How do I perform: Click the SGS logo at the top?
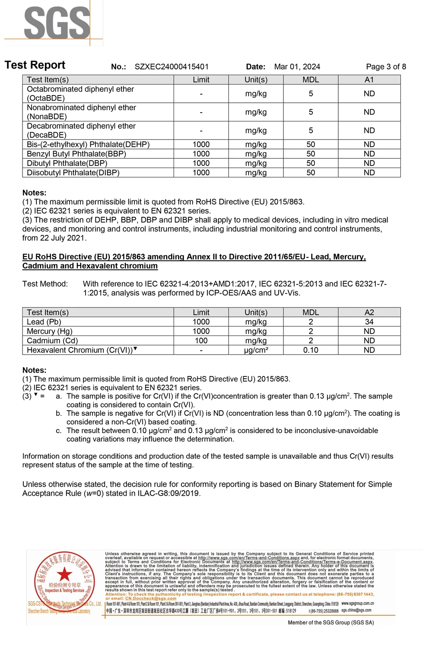[x=57, y=23]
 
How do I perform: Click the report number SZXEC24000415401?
[x=172, y=66]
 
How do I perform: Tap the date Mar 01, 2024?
[x=297, y=66]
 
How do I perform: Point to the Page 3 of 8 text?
[x=386, y=66]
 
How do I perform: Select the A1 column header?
[x=369, y=80]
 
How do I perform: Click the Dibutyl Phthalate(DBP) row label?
[x=67, y=163]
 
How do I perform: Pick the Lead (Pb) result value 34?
[x=369, y=322]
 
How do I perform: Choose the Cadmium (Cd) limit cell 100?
[x=201, y=341]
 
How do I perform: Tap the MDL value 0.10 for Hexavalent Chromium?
[x=311, y=350]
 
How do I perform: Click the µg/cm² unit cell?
[x=256, y=350]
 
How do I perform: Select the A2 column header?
[x=369, y=312]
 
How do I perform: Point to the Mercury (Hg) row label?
[x=49, y=331]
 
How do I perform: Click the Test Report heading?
[x=35, y=65]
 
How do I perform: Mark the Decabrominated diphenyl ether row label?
[x=81, y=130]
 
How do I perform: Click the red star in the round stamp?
[x=64, y=574]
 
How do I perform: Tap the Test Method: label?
[x=45, y=284]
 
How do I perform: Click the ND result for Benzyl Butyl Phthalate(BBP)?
[x=369, y=154]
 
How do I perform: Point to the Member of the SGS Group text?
[x=330, y=622]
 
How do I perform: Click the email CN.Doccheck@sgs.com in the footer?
[x=150, y=598]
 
